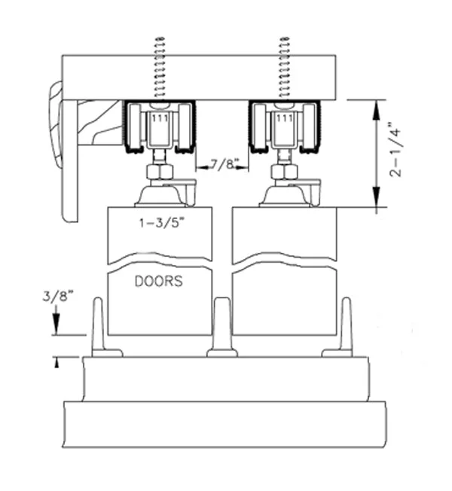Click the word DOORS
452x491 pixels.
(158, 282)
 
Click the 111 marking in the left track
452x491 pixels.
(160, 119)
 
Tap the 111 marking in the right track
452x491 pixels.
(285, 119)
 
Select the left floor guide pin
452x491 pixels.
(98, 328)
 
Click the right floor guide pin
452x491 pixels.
(345, 328)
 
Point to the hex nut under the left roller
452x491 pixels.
(160, 172)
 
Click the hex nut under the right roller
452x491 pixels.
(284, 172)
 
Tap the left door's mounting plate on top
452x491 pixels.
(160, 197)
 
